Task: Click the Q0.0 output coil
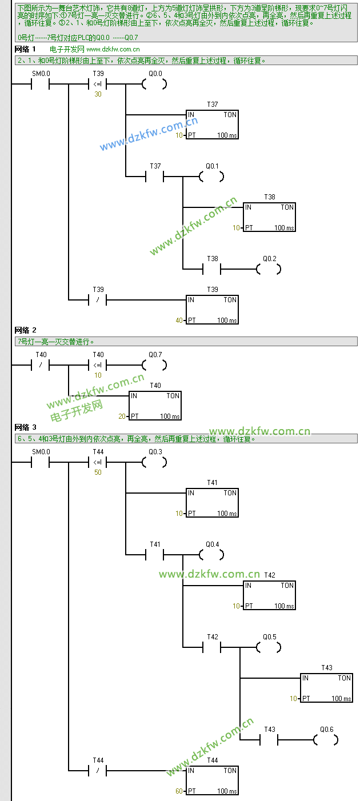pyautogui.click(x=154, y=85)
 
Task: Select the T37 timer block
pyautogui.click(x=212, y=125)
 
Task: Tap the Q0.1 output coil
pyautogui.click(x=211, y=177)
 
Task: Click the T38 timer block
pyautogui.click(x=269, y=217)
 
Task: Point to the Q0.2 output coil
pyautogui.click(x=269, y=269)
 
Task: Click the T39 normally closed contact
pyautogui.click(x=98, y=299)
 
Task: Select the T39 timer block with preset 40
pyautogui.click(x=212, y=310)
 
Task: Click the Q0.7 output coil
pyautogui.click(x=154, y=365)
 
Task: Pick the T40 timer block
pyautogui.click(x=155, y=406)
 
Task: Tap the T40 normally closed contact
pyautogui.click(x=41, y=365)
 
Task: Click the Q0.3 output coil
pyautogui.click(x=154, y=463)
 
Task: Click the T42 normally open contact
pyautogui.click(x=212, y=647)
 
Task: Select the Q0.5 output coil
pyautogui.click(x=269, y=647)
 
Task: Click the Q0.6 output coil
pyautogui.click(x=326, y=740)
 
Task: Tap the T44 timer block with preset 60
pyautogui.click(x=212, y=780)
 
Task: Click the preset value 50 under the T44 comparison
pyautogui.click(x=98, y=472)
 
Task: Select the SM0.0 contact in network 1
pyautogui.click(x=41, y=85)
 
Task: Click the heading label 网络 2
pyautogui.click(x=25, y=330)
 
